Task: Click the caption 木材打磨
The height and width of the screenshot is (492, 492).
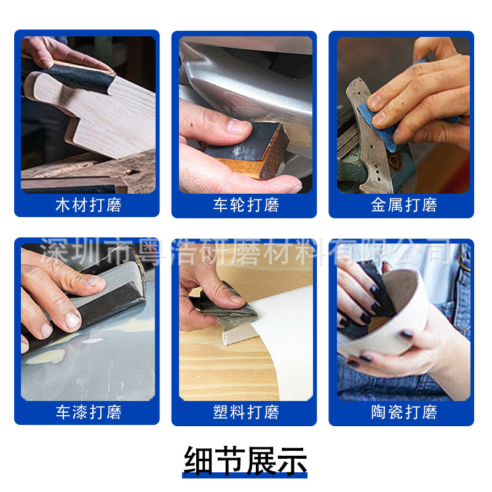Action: pyautogui.click(x=87, y=205)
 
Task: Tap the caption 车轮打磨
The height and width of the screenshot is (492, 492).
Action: pyautogui.click(x=245, y=205)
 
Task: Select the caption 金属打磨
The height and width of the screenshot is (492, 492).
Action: pyautogui.click(x=402, y=205)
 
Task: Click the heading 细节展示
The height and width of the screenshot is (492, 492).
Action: pyautogui.click(x=245, y=460)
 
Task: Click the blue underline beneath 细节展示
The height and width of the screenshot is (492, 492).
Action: pyautogui.click(x=245, y=475)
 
